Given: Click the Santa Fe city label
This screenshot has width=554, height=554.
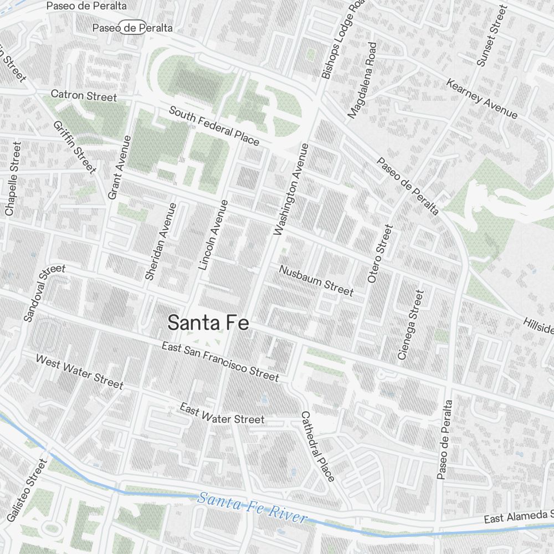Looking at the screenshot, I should [208, 322].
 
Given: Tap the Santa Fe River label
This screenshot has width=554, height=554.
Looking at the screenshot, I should [252, 507].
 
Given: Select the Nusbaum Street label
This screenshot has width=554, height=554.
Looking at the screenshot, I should [316, 280].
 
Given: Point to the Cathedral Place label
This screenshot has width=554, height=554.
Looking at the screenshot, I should [318, 446].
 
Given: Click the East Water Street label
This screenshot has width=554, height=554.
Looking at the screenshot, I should [222, 414].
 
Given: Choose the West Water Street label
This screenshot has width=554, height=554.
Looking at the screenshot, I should [79, 372].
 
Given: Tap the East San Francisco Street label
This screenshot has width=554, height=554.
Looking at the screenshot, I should [220, 361].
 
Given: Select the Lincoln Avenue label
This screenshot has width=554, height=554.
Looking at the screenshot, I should [213, 235].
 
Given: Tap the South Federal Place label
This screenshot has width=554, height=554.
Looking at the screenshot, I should [214, 126].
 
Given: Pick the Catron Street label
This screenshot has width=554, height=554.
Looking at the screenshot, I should [84, 95].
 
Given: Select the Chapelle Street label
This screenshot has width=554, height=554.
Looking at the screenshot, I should [13, 178].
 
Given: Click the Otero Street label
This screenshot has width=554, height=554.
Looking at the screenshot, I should [380, 253].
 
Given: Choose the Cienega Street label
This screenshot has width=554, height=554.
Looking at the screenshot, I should [411, 325].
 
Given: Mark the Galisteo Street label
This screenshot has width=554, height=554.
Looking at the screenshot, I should [27, 490].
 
